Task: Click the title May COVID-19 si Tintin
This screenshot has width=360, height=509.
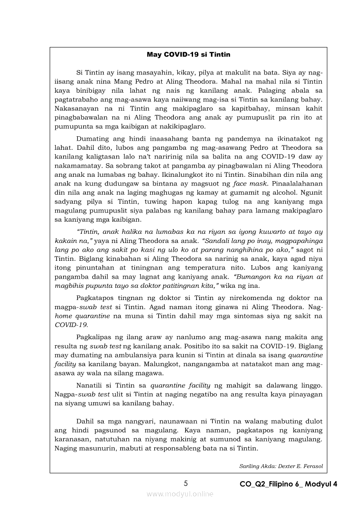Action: tap(188, 55)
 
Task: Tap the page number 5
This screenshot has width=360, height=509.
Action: tap(186, 483)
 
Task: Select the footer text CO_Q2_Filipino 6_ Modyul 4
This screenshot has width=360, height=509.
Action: tap(289, 484)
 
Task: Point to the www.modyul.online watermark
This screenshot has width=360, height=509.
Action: tap(180, 494)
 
